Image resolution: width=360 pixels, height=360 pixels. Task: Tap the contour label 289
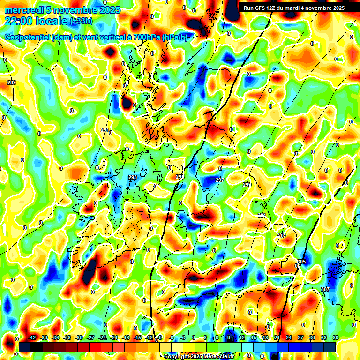(12, 83)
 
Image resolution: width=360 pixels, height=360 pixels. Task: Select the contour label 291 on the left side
(105, 130)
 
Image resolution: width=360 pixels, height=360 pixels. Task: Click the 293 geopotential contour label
(133, 178)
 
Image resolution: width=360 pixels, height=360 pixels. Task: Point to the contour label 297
(220, 180)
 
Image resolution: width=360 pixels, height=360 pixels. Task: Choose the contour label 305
(301, 262)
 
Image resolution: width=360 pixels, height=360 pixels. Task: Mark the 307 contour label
(325, 289)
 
